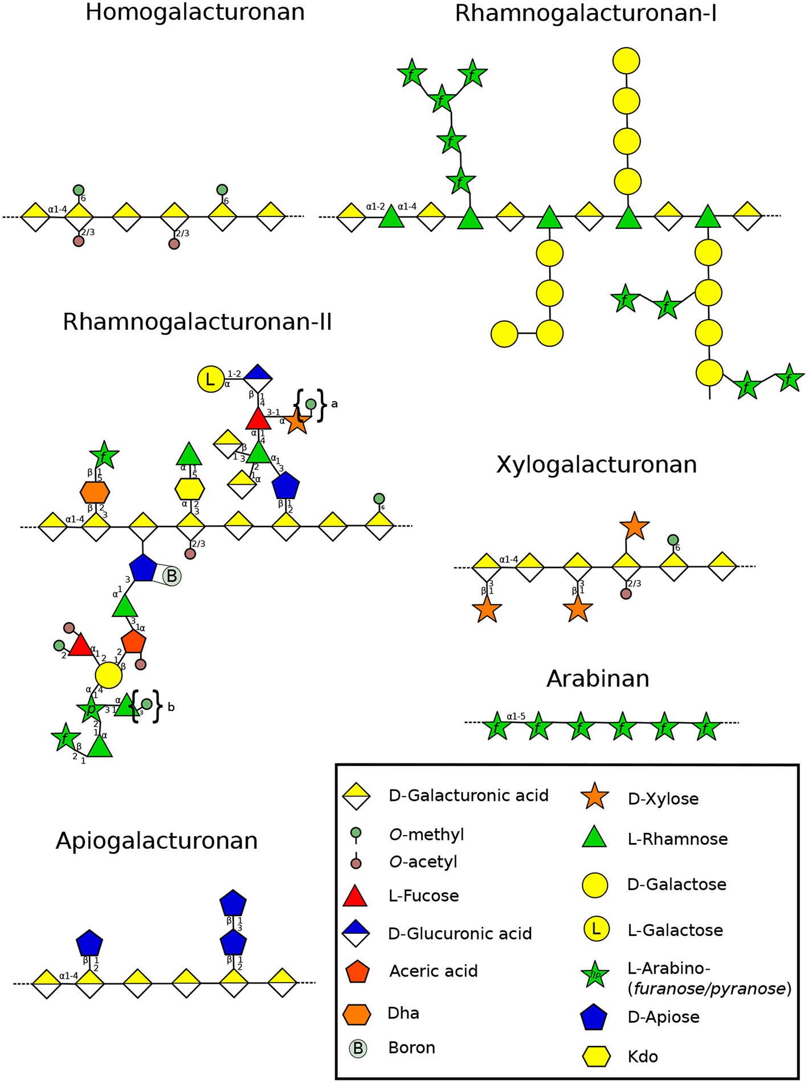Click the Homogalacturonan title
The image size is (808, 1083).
[x=195, y=13]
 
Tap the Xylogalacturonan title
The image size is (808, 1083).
[x=597, y=465]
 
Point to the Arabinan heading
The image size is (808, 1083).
[x=598, y=679]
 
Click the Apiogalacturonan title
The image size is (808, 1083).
[x=157, y=841]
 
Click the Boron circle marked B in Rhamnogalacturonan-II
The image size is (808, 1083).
[x=172, y=576]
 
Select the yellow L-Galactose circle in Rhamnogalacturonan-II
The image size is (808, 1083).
[x=211, y=379]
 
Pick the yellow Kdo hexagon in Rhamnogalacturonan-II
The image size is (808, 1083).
[x=190, y=488]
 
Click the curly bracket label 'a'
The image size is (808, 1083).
[x=334, y=404]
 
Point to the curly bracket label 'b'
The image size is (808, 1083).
[x=171, y=708]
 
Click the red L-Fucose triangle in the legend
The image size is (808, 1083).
[x=355, y=896]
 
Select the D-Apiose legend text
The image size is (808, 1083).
[x=663, y=1017]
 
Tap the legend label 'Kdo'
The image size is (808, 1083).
[x=643, y=1056]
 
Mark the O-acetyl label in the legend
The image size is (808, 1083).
[x=423, y=861]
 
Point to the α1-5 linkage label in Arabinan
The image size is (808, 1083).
[x=516, y=716]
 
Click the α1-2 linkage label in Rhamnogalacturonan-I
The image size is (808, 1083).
[x=376, y=207]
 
